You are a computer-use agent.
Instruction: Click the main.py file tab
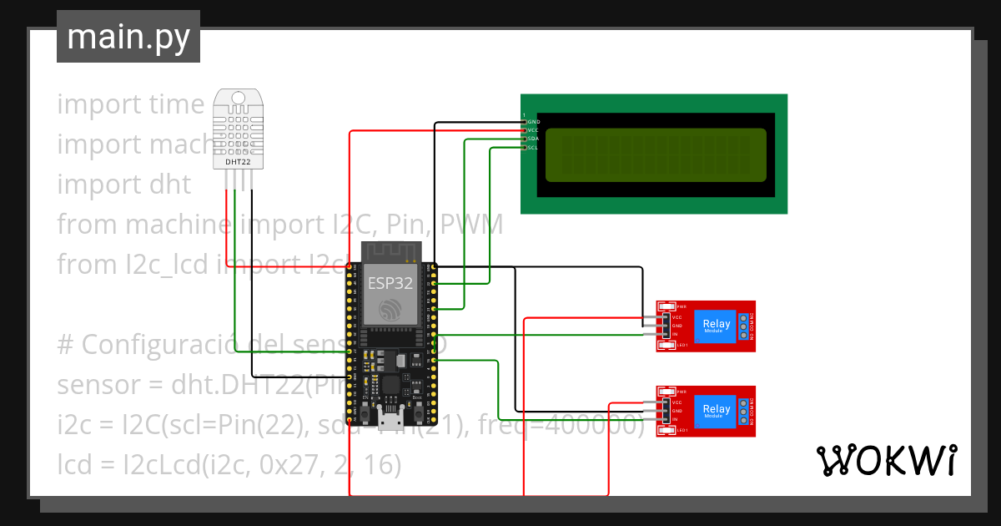[x=128, y=37]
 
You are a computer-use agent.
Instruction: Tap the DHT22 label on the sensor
[x=239, y=162]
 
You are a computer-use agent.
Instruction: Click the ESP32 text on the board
[x=390, y=282]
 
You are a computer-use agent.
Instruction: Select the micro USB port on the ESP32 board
[x=390, y=415]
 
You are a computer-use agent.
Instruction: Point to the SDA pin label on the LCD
[x=532, y=139]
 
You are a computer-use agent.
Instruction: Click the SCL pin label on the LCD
[x=532, y=148]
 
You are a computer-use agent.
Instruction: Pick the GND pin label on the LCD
[x=533, y=122]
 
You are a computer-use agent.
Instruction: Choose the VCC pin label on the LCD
[x=532, y=130]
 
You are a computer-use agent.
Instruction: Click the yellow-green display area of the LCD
[x=655, y=156]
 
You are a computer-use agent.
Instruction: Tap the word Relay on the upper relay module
[x=716, y=324]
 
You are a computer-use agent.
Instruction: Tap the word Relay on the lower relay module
[x=716, y=409]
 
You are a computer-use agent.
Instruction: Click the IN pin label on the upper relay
[x=675, y=334]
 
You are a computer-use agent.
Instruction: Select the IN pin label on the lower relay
[x=675, y=420]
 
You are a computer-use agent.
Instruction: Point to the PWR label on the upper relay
[x=682, y=306]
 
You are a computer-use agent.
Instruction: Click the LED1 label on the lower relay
[x=682, y=430]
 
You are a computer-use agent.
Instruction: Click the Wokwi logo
[x=885, y=460]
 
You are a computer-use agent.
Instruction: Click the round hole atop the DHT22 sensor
[x=239, y=98]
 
